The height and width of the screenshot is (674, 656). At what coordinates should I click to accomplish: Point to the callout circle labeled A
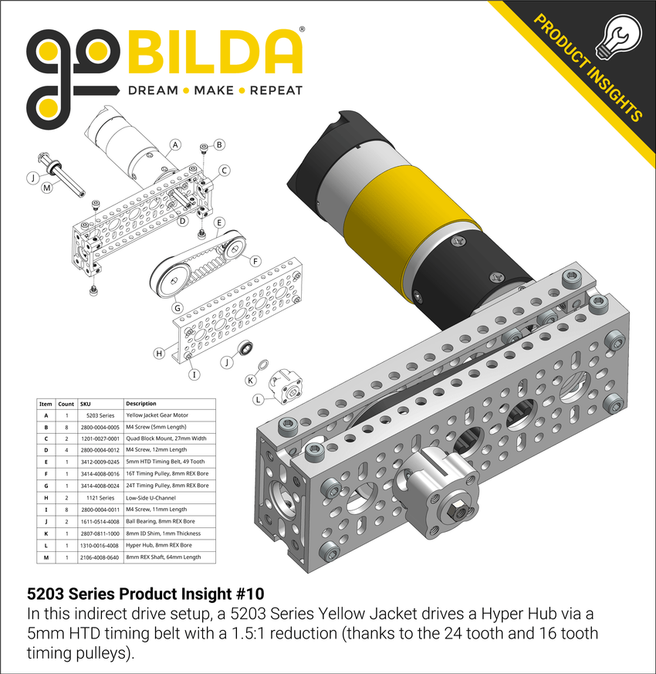[175, 144]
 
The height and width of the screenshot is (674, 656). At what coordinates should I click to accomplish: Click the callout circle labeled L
[258, 399]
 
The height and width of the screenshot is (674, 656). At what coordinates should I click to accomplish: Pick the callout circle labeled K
[250, 381]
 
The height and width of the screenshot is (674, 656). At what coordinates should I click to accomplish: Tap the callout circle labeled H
[160, 353]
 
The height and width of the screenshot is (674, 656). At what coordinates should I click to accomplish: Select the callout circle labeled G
[177, 308]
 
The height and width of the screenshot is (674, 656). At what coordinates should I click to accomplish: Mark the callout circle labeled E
[220, 223]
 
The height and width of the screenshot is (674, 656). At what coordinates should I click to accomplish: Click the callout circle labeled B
[219, 144]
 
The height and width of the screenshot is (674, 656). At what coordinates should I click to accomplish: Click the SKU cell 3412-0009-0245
[99, 462]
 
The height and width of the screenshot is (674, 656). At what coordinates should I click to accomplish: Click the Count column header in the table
[66, 404]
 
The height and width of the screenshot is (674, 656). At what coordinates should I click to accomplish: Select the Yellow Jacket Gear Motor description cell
[157, 415]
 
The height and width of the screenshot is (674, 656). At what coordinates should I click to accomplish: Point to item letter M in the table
[46, 557]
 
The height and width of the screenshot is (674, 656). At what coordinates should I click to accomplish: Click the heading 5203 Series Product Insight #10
[145, 594]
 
